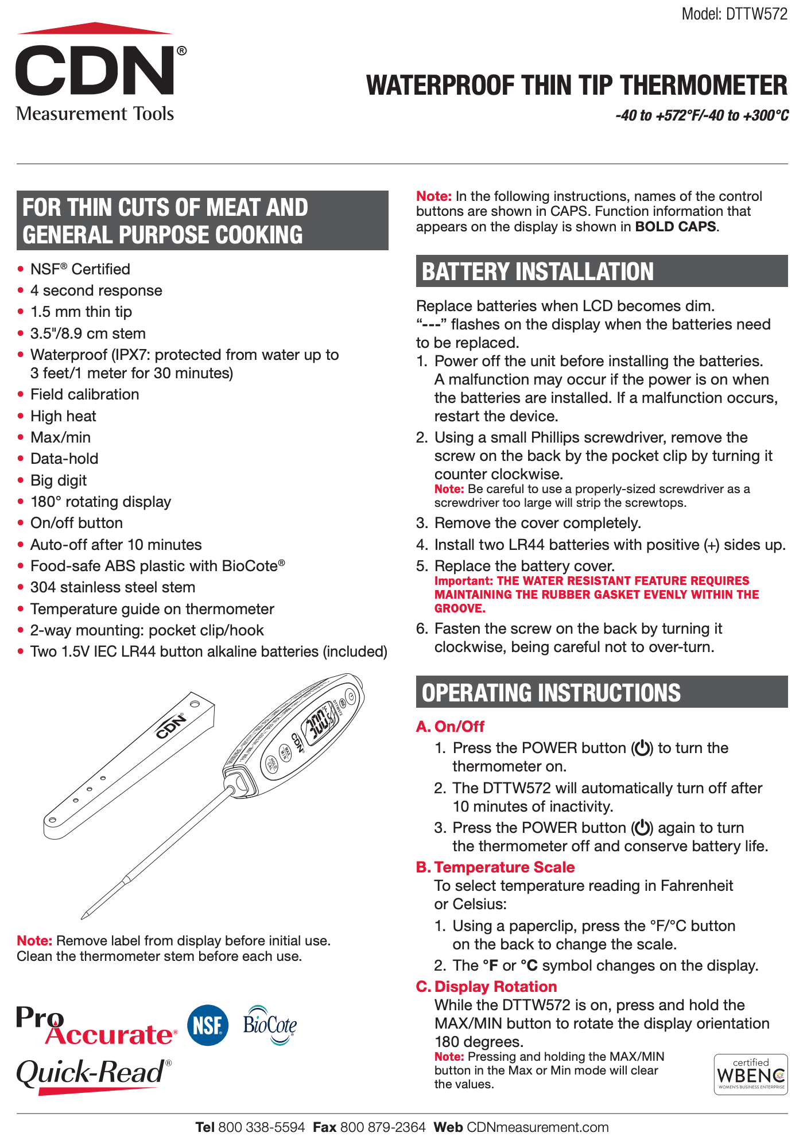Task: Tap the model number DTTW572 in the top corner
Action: click(x=734, y=14)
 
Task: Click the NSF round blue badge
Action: click(x=207, y=1025)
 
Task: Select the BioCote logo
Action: click(x=269, y=1025)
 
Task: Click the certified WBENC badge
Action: click(x=750, y=1074)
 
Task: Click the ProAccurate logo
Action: click(x=95, y=1026)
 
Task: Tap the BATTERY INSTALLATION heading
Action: click(x=538, y=272)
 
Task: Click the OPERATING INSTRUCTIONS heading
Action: click(x=551, y=692)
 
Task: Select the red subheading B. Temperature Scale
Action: click(x=495, y=867)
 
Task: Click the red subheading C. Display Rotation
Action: click(x=487, y=986)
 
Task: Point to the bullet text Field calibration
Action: click(x=84, y=394)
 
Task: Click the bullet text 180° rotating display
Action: click(x=100, y=502)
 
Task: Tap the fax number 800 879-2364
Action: click(x=383, y=1127)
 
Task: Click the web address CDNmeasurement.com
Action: click(x=538, y=1127)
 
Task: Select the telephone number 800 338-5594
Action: click(x=261, y=1127)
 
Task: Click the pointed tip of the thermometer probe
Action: click(x=84, y=915)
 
